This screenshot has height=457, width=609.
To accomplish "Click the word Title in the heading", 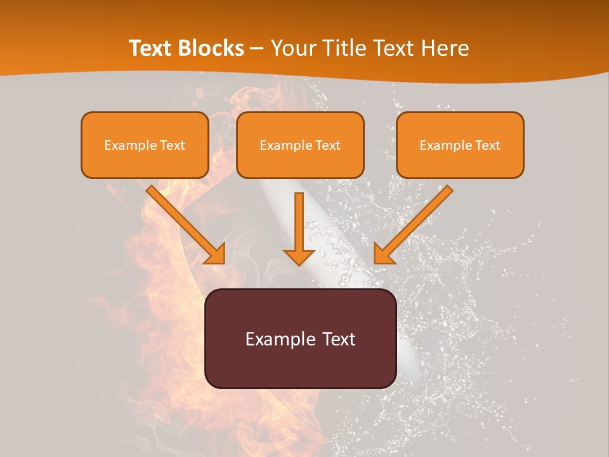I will (346, 48).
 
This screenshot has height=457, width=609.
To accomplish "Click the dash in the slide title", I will (257, 49).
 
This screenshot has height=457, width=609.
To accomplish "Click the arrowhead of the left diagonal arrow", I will (216, 254).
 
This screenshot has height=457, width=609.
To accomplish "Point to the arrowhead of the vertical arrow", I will (299, 257).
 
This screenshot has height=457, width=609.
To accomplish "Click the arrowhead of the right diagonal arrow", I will (383, 254).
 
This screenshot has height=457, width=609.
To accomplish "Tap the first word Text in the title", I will (150, 48).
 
